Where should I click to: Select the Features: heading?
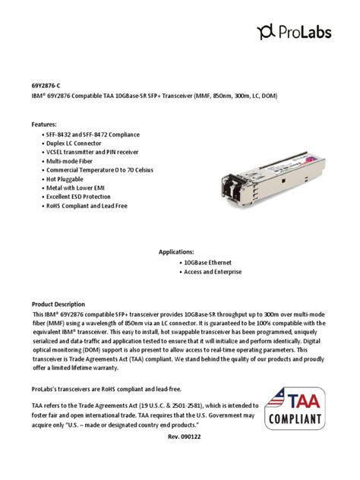(44, 123)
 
